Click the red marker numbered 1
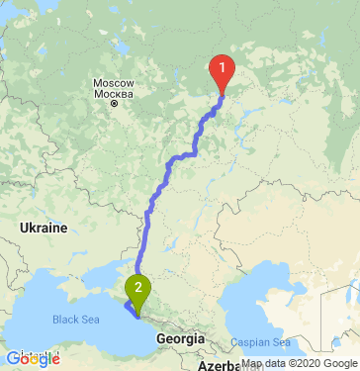click(x=222, y=71)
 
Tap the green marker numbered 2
click(x=137, y=291)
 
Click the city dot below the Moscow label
click(x=115, y=102)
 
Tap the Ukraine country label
click(x=44, y=228)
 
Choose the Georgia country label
click(x=180, y=338)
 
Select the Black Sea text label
click(x=77, y=320)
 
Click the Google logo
click(x=33, y=358)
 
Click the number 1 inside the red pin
click(x=222, y=67)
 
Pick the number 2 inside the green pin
click(x=137, y=288)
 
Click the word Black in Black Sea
click(x=66, y=320)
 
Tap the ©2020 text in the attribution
click(x=303, y=363)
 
